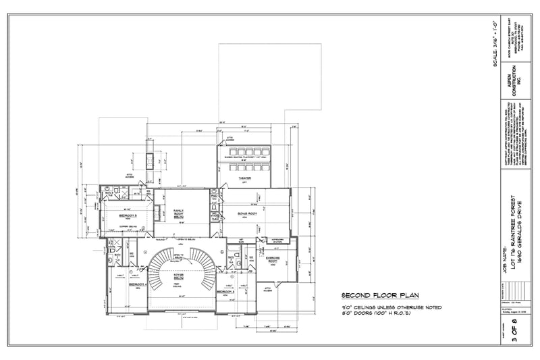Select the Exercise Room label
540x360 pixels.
coord(273,258)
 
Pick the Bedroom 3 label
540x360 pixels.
coord(227,291)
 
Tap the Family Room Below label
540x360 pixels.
coord(179,214)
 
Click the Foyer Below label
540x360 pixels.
coord(180,276)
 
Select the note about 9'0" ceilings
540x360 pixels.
coord(391,307)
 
